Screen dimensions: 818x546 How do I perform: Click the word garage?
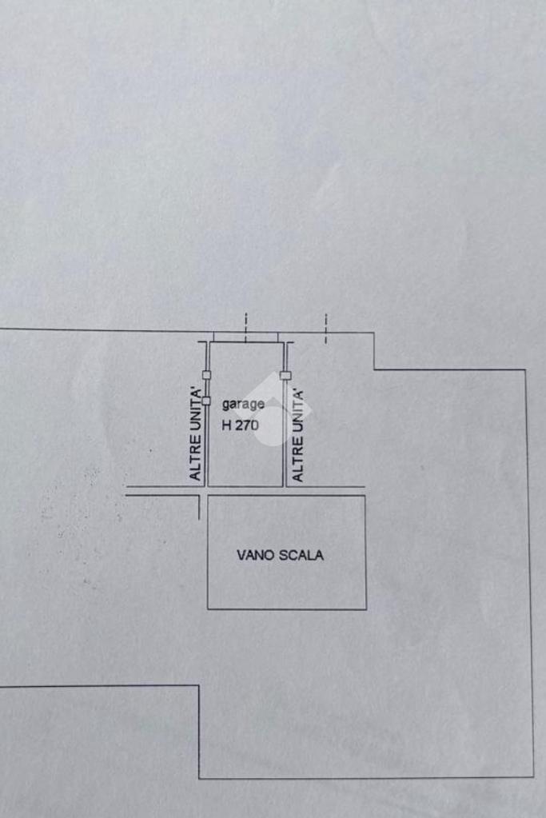(x=243, y=405)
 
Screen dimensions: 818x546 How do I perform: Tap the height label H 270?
(x=240, y=426)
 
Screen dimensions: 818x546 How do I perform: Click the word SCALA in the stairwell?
(x=301, y=555)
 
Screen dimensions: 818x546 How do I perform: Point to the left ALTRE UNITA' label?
(x=195, y=434)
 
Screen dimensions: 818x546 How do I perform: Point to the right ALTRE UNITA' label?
(x=298, y=435)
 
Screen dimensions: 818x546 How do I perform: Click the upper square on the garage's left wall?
(x=206, y=375)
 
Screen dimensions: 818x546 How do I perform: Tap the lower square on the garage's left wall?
(x=206, y=401)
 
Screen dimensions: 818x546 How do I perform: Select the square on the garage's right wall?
(x=284, y=375)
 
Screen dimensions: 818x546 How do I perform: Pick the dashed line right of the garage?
(x=325, y=328)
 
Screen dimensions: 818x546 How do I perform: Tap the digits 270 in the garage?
(x=247, y=426)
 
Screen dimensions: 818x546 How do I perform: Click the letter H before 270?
(x=226, y=426)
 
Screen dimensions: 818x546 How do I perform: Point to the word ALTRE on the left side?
(x=195, y=460)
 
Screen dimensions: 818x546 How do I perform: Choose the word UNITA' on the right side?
(x=298, y=410)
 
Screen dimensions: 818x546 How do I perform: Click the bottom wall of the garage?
(x=245, y=486)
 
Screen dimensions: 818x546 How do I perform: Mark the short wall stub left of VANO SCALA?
(x=198, y=507)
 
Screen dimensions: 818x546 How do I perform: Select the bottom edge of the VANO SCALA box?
(x=287, y=609)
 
